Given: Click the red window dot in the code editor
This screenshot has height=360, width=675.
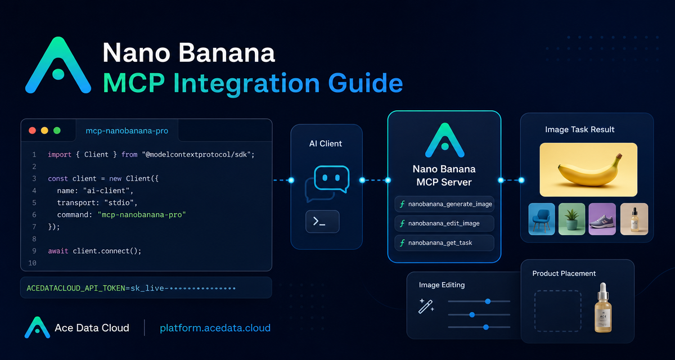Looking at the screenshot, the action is [x=32, y=130].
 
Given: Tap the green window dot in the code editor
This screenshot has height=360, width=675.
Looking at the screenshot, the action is [x=57, y=130].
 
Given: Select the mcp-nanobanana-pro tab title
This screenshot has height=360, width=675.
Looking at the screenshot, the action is [x=127, y=130].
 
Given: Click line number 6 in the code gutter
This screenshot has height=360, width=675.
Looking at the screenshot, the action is [x=34, y=215].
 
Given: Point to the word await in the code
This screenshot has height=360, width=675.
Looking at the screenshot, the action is [x=58, y=251].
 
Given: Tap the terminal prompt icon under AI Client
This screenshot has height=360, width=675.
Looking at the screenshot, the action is [x=322, y=222].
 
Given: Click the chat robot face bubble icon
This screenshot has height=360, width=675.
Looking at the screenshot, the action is [x=331, y=179].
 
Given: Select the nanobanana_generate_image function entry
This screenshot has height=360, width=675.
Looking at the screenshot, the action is [x=444, y=204].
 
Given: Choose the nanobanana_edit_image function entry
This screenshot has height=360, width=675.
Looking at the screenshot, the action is [x=444, y=223].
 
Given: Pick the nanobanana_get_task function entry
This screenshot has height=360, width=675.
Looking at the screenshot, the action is [x=444, y=243].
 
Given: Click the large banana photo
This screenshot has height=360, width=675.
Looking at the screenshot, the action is [x=588, y=170].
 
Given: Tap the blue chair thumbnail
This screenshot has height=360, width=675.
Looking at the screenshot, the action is [x=542, y=219].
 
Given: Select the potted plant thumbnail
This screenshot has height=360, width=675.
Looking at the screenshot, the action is [x=571, y=219].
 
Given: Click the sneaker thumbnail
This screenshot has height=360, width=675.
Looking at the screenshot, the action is [x=602, y=219].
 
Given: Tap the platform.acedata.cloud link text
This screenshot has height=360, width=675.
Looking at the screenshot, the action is [x=215, y=328].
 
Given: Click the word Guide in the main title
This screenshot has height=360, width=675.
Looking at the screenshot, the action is [x=366, y=83].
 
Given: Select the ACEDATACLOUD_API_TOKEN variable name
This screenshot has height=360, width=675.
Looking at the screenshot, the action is [x=76, y=289].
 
